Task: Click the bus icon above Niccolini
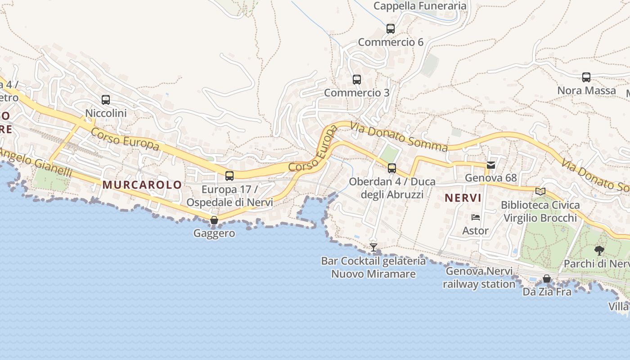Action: click(106, 100)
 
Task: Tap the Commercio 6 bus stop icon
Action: click(391, 29)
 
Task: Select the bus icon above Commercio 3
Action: click(357, 80)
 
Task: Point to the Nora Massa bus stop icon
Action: click(586, 77)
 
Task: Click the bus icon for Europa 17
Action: click(229, 176)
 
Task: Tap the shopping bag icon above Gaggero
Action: click(214, 220)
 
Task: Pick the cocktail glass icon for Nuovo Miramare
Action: click(373, 247)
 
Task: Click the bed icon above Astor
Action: click(476, 217)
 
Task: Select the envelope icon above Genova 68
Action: click(491, 165)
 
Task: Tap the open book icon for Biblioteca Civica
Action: click(540, 192)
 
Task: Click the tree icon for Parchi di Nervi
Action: click(599, 251)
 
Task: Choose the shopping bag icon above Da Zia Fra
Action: click(547, 279)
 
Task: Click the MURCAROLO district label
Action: click(142, 184)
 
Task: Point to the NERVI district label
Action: click(463, 198)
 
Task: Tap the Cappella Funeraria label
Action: click(420, 6)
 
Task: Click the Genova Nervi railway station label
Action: click(479, 278)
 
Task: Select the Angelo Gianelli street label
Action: click(36, 163)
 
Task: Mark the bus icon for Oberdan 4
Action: click(392, 168)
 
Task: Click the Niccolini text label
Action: click(106, 113)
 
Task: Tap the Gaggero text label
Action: click(214, 233)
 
